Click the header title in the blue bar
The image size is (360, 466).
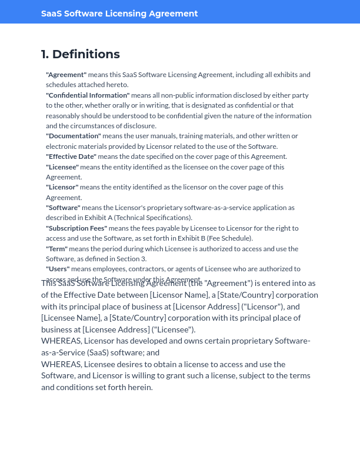[119, 14]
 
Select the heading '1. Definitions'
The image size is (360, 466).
[80, 54]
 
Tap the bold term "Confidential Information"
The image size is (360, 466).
[88, 95]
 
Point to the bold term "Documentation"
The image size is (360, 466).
[74, 136]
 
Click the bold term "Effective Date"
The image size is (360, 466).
[71, 157]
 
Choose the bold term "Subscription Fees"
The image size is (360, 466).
[76, 228]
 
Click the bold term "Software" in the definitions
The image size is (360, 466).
[63, 208]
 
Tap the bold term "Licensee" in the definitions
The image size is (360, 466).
[62, 167]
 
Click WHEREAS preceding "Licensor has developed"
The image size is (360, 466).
[61, 341]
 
